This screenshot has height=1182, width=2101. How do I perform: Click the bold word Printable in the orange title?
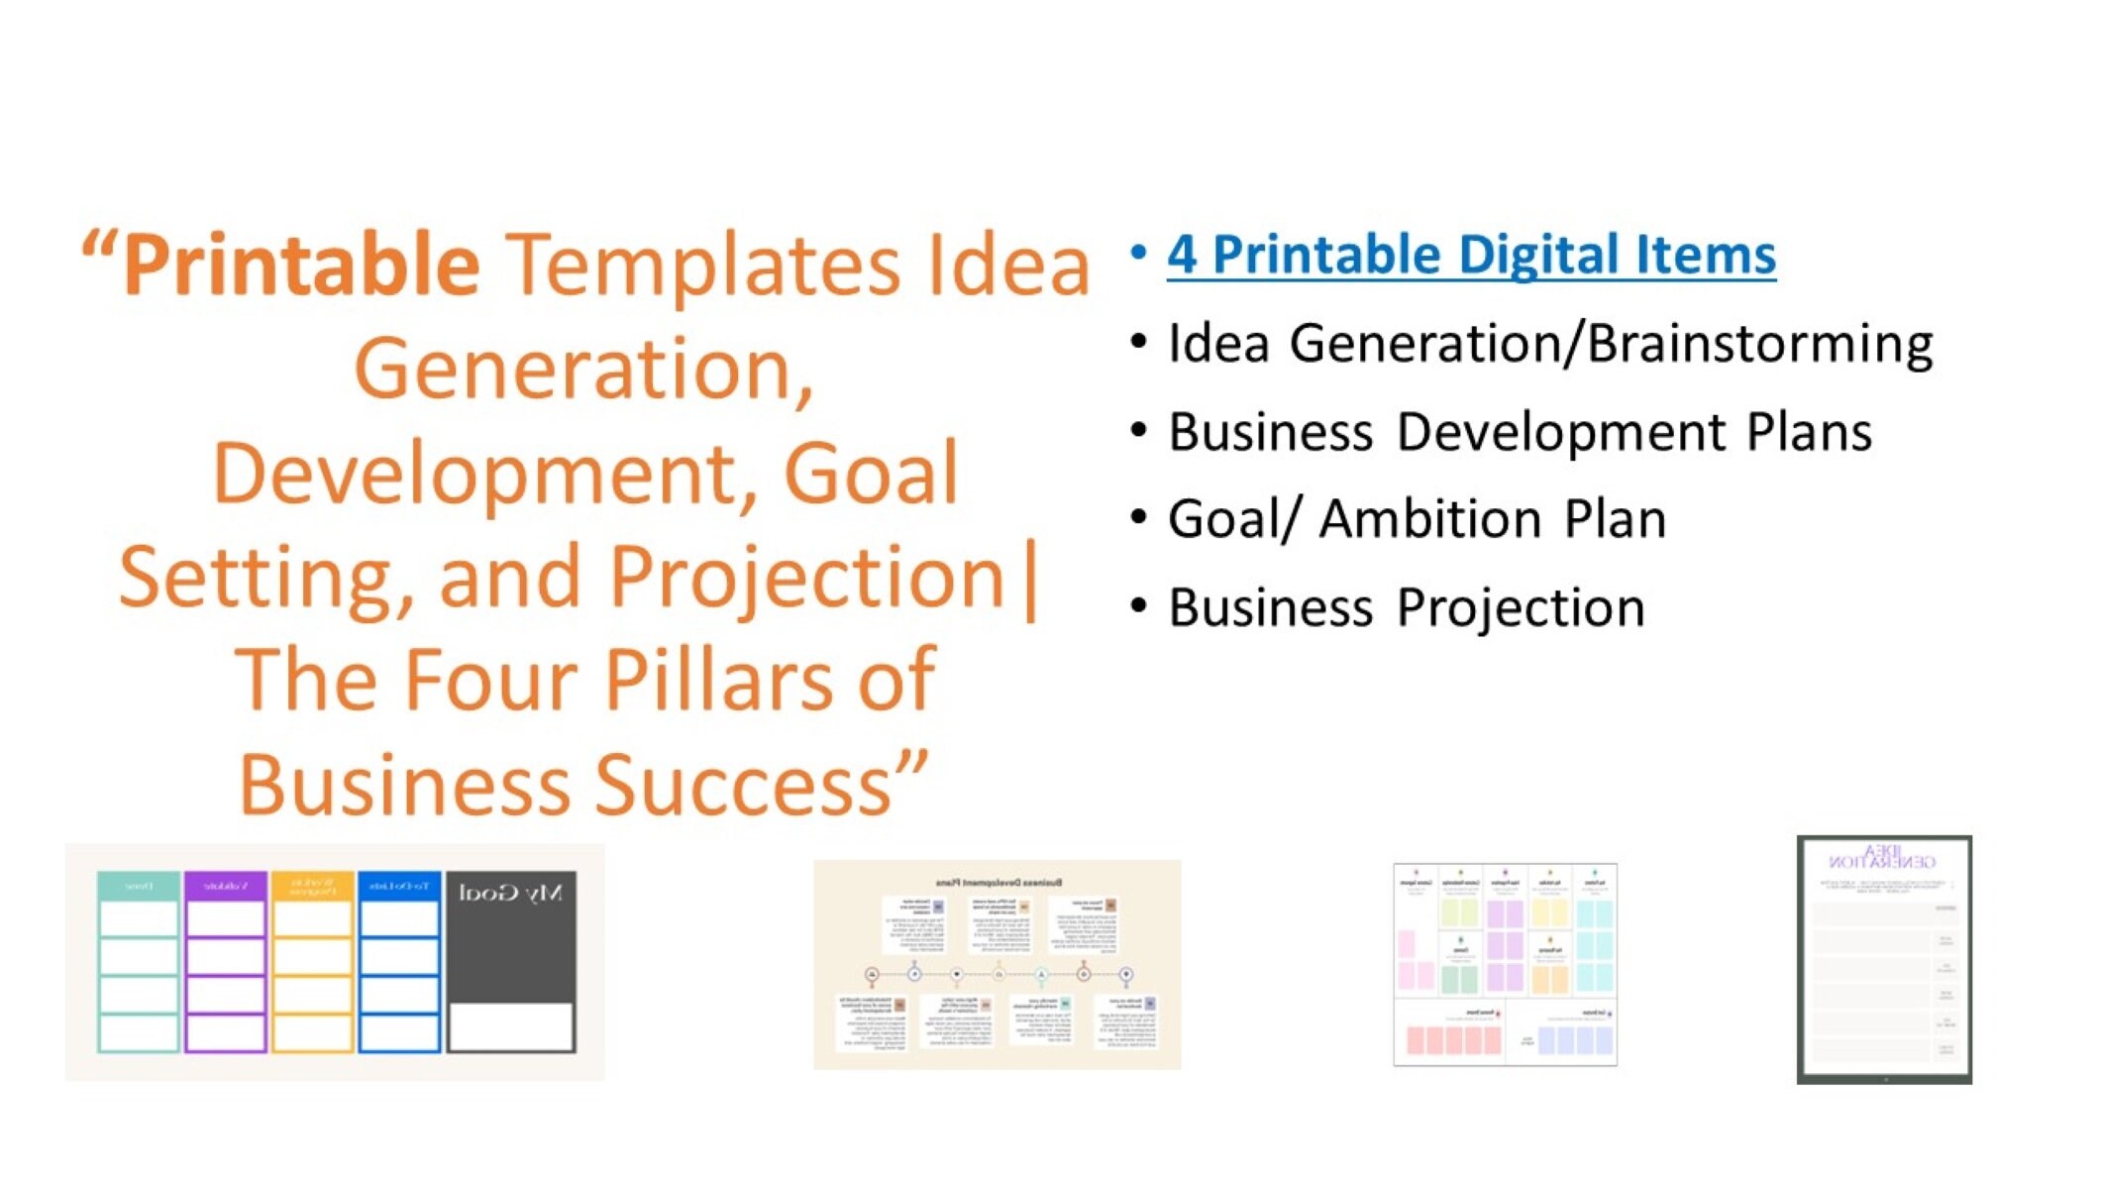pos(302,265)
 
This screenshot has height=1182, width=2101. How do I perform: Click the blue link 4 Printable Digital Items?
pos(1470,255)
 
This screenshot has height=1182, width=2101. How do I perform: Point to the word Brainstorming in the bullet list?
pos(1759,344)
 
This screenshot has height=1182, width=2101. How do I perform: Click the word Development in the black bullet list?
pos(1561,432)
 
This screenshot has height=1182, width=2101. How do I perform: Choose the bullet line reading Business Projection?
pos(1407,607)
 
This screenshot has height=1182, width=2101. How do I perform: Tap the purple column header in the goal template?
pos(226,886)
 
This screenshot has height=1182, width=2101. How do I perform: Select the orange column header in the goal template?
pos(312,886)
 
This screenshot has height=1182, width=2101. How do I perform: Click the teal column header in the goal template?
pos(139,886)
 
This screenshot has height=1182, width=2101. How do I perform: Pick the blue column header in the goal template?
pos(399,886)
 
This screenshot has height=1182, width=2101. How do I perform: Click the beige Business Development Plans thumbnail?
pos(997,964)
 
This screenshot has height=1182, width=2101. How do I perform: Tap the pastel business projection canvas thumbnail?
pos(1505,964)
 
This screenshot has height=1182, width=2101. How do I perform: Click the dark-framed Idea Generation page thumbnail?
pos(1884,959)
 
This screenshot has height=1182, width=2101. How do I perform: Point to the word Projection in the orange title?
pos(807,576)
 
